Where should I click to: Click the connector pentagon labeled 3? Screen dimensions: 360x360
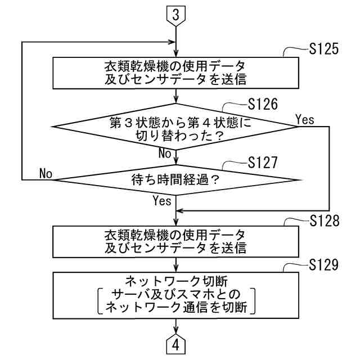coord(176,15)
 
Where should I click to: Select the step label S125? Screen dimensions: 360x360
coord(323,49)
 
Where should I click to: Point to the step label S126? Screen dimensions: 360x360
coord(263,105)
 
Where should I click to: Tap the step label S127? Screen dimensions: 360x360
coord(263,163)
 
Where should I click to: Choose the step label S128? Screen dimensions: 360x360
coord(323,220)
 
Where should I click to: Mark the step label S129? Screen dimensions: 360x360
coord(323,265)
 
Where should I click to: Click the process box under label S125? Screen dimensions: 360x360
coord(176,71)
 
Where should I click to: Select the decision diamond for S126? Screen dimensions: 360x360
coord(176,128)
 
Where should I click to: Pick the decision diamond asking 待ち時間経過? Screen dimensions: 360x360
coord(176,181)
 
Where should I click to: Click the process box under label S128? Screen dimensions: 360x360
coord(176,241)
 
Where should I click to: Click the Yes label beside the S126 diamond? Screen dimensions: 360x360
coord(304,119)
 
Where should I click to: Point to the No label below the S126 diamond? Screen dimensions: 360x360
coord(164,154)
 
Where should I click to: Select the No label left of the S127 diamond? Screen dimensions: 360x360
coord(46,174)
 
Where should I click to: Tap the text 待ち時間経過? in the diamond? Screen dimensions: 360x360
coord(175,181)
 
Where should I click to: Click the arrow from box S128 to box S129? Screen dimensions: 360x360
coord(176,264)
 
